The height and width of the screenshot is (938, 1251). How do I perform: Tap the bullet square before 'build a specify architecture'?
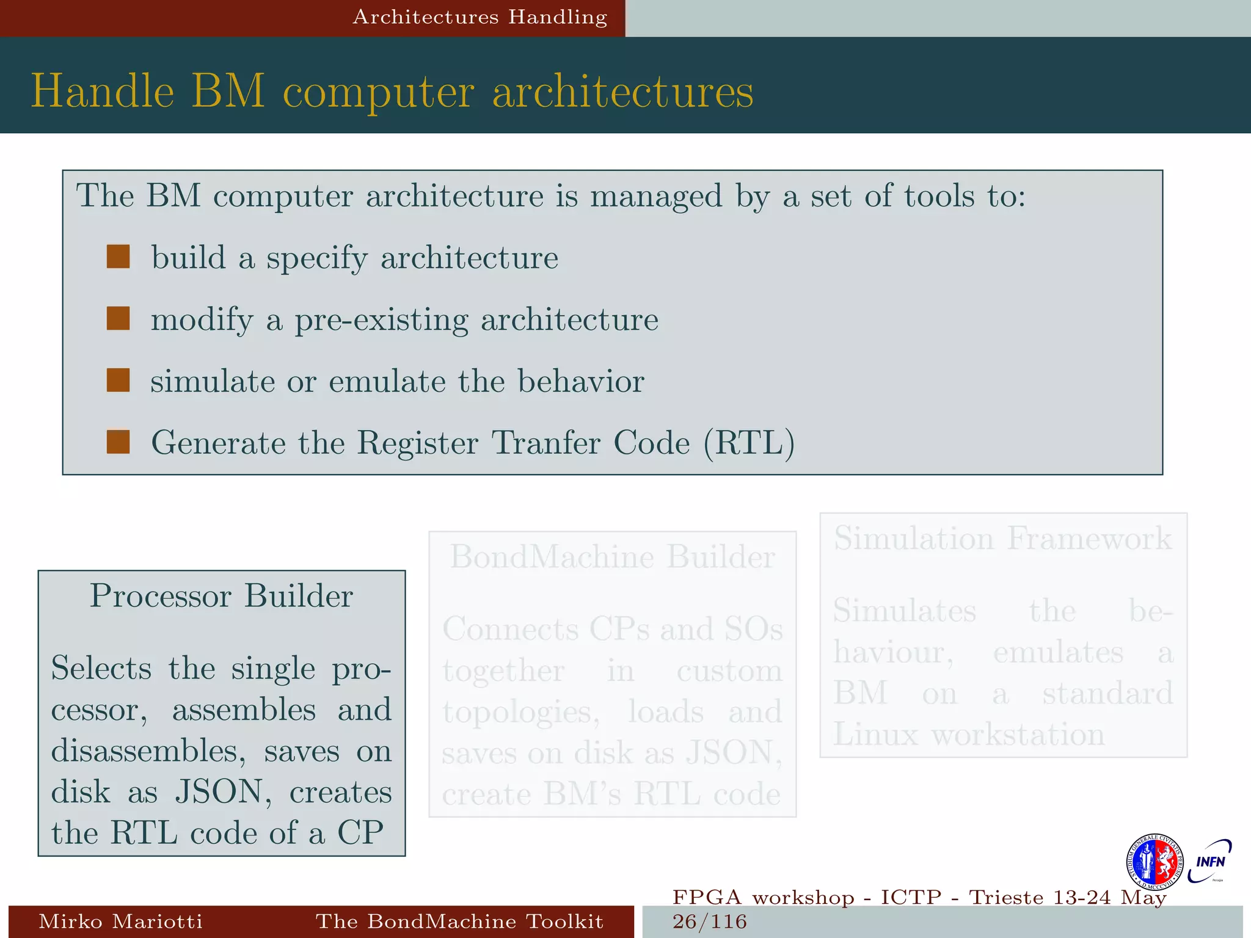118,257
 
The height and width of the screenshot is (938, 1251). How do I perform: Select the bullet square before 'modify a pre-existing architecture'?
118,319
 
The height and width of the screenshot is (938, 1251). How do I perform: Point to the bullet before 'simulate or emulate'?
118,380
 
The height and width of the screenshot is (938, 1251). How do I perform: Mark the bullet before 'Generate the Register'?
118,442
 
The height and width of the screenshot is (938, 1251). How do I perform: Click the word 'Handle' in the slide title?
103,92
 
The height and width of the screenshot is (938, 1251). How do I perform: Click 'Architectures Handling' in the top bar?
480,17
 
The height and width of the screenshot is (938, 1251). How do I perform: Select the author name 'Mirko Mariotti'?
120,921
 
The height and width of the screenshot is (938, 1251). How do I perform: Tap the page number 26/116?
710,922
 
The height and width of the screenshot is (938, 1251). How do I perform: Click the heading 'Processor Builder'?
221,595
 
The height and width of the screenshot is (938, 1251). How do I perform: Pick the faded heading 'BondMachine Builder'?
613,556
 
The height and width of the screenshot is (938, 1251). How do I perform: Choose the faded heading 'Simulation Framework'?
1003,539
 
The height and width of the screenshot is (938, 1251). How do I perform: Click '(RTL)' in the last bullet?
749,443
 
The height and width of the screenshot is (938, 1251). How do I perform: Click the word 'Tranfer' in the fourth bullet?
546,443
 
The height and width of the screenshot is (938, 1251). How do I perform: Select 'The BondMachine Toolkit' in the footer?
459,921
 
